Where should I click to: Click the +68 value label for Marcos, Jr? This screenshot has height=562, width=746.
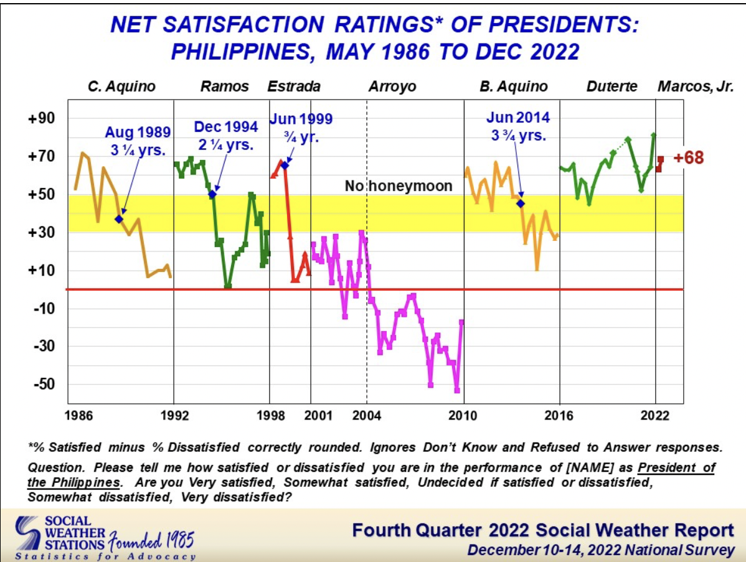click(689, 158)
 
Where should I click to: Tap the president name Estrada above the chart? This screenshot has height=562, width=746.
click(294, 87)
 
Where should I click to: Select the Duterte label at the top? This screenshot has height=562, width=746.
click(611, 87)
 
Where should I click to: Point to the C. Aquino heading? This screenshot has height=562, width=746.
click(121, 87)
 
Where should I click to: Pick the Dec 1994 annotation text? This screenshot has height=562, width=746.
click(225, 136)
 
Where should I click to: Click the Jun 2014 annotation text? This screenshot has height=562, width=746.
click(519, 126)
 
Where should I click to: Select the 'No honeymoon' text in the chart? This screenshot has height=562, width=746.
click(399, 185)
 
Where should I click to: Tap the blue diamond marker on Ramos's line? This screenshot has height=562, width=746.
click(212, 194)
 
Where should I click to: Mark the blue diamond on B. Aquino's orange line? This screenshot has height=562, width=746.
click(521, 204)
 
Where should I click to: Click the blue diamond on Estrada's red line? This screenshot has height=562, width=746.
click(285, 165)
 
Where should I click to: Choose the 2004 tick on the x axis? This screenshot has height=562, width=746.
click(366, 415)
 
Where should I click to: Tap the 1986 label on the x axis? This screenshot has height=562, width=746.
click(75, 415)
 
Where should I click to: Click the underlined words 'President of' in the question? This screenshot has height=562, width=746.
click(676, 467)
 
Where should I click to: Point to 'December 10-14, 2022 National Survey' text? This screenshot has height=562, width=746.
click(600, 550)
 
